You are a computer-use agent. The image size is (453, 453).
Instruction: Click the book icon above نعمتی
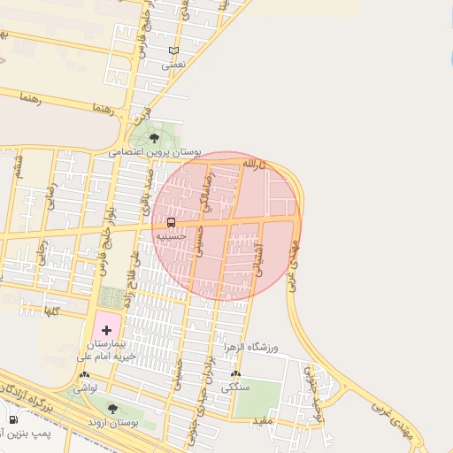pyautogui.click(x=173, y=51)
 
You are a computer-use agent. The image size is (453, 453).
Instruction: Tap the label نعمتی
pyautogui.click(x=173, y=65)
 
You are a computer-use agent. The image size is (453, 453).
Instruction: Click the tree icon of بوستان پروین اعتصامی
pyautogui.click(x=154, y=138)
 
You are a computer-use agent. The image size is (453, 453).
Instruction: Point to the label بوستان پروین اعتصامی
pyautogui.click(x=145, y=152)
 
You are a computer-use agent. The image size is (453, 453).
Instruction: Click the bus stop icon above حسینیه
pyautogui.click(x=171, y=223)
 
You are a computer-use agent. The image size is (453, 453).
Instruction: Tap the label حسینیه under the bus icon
pyautogui.click(x=171, y=236)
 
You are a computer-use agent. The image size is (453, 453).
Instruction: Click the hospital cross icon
pyautogui.click(x=107, y=330)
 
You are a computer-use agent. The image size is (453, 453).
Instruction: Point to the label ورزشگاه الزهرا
pyautogui.click(x=250, y=347)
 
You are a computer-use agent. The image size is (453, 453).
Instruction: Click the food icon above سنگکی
pyautogui.click(x=234, y=374)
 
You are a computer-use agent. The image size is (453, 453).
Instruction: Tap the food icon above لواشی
pyautogui.click(x=84, y=375)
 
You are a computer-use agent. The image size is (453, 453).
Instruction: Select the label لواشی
pyautogui.click(x=84, y=388)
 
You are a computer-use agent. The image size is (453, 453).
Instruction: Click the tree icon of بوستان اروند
pyautogui.click(x=112, y=408)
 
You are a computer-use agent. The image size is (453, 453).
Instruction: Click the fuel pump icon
pyautogui.click(x=12, y=419)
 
